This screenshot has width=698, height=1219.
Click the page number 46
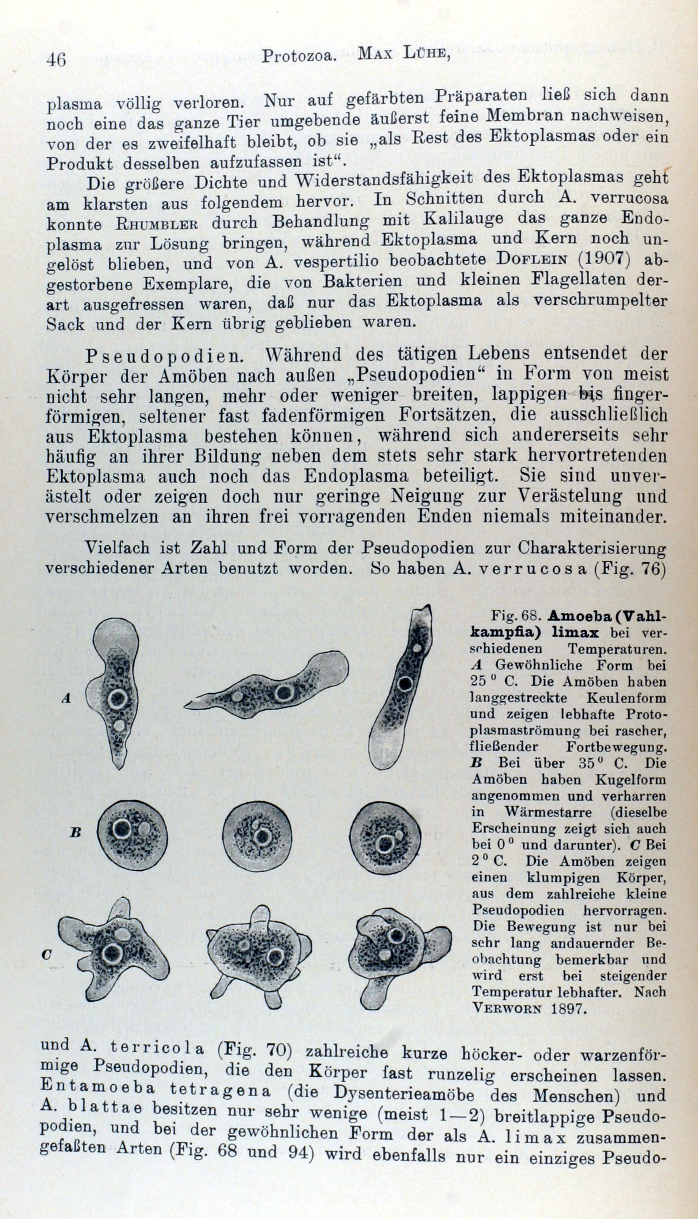pos(56,60)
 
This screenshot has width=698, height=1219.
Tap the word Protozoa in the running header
pos(297,57)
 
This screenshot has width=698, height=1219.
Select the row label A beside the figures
pos(66,699)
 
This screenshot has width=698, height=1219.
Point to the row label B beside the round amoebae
pos(75,832)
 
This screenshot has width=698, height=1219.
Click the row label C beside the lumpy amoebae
pos(46,955)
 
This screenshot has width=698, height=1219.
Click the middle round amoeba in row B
pos(257,837)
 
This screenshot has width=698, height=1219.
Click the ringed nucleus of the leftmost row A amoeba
pos(117,699)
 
